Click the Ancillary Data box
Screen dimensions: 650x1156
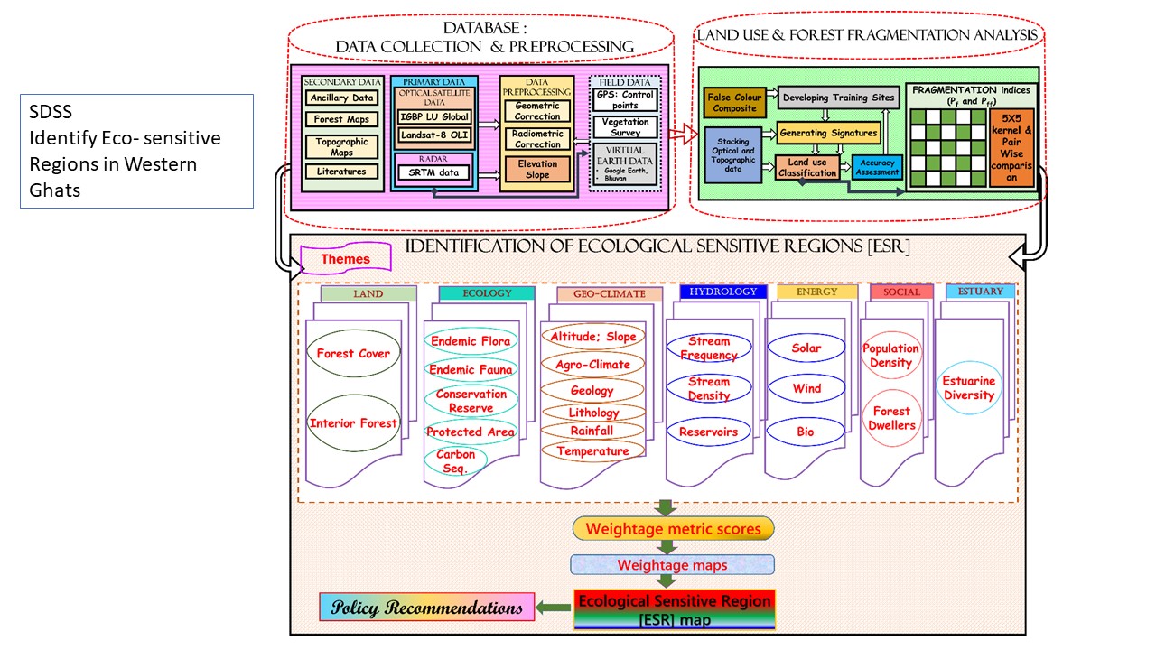pos(341,98)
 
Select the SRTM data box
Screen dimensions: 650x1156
pos(435,172)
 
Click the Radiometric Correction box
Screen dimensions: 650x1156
pos(537,138)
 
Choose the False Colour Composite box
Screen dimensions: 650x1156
pos(733,103)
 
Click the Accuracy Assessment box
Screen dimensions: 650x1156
pos(877,167)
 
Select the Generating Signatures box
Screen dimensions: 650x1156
pos(828,133)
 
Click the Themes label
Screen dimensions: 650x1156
pos(346,259)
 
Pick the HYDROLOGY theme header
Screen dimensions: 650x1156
pos(722,292)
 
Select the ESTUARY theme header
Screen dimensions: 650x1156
pos(980,292)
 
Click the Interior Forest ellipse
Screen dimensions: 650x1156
pos(353,423)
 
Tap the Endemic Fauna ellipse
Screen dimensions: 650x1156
pos(471,369)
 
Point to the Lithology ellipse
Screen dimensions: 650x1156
pos(593,413)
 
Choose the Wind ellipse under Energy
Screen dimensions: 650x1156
pos(806,389)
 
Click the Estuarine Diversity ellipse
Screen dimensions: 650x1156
pos(969,388)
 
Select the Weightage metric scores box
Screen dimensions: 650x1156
pos(673,528)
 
